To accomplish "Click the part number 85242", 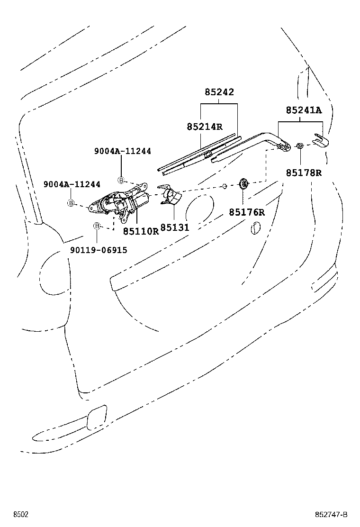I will coord(219,92).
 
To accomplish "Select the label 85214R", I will coord(204,127).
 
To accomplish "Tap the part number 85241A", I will coord(303,110).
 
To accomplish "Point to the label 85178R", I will coord(304,173).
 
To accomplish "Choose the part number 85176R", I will coord(247,212).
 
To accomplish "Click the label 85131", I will coord(175,228).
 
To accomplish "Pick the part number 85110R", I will coord(141,231).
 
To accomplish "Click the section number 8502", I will coord(20,515).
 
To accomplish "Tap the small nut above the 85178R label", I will coord(300,145).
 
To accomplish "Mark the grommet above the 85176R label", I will coord(244,183).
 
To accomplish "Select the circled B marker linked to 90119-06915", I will coord(97,226).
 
